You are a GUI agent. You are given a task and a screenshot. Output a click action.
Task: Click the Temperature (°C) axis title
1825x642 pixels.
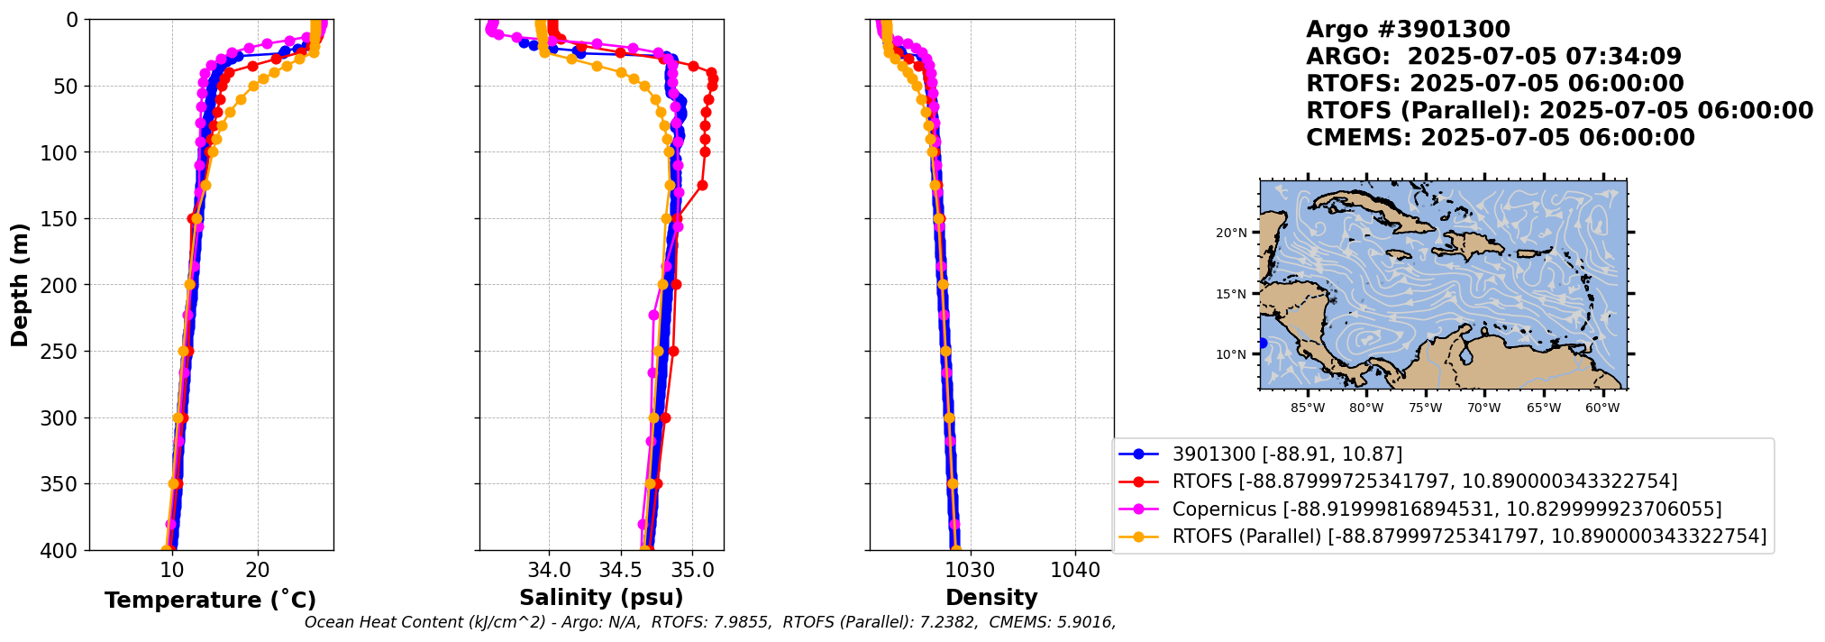click(210, 601)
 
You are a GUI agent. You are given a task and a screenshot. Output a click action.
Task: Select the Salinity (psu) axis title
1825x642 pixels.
click(601, 598)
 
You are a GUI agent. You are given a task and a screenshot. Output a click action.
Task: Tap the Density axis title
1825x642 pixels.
click(991, 598)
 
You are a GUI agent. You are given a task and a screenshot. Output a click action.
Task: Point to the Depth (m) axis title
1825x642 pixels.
click(20, 285)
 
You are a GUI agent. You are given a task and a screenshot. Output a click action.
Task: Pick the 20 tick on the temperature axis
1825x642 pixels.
click(258, 571)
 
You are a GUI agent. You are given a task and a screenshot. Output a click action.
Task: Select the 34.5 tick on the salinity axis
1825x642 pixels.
click(621, 571)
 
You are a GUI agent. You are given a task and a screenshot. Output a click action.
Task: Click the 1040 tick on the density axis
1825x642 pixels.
click(1075, 571)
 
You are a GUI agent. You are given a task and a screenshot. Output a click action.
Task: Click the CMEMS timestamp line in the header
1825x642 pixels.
click(1500, 138)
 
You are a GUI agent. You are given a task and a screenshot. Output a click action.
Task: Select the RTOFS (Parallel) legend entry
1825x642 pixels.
click(1469, 537)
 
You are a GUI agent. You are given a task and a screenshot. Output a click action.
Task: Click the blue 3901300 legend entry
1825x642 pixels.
click(1287, 454)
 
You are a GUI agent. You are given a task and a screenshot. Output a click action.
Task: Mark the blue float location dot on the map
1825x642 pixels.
click(1263, 343)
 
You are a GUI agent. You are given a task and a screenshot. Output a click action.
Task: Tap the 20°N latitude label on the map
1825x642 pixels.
click(1231, 234)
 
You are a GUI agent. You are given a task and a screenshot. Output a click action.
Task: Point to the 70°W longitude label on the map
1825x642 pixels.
click(1484, 408)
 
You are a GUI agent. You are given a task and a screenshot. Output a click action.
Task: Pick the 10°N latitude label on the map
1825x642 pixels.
click(1231, 354)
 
